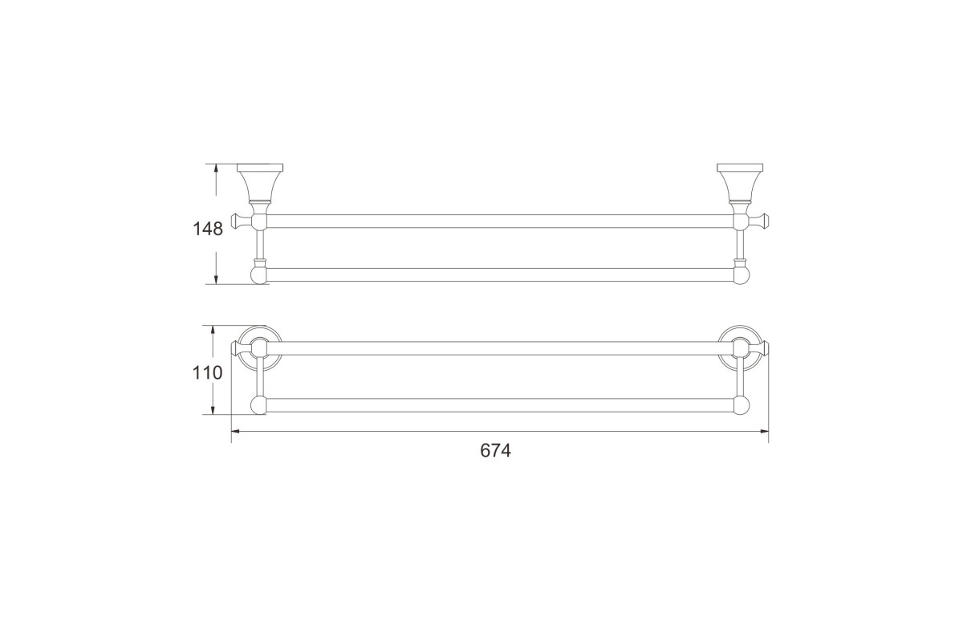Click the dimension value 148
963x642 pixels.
[208, 229]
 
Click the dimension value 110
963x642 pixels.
[207, 373]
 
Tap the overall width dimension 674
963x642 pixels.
[496, 451]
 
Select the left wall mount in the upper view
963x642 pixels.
[260, 183]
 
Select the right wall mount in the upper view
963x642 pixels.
[740, 183]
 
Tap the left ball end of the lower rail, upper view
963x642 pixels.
[259, 275]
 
